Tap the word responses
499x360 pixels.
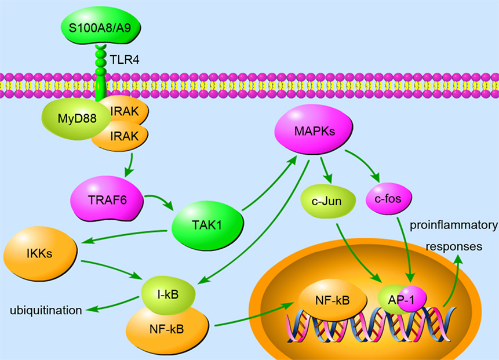point(454,246)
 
